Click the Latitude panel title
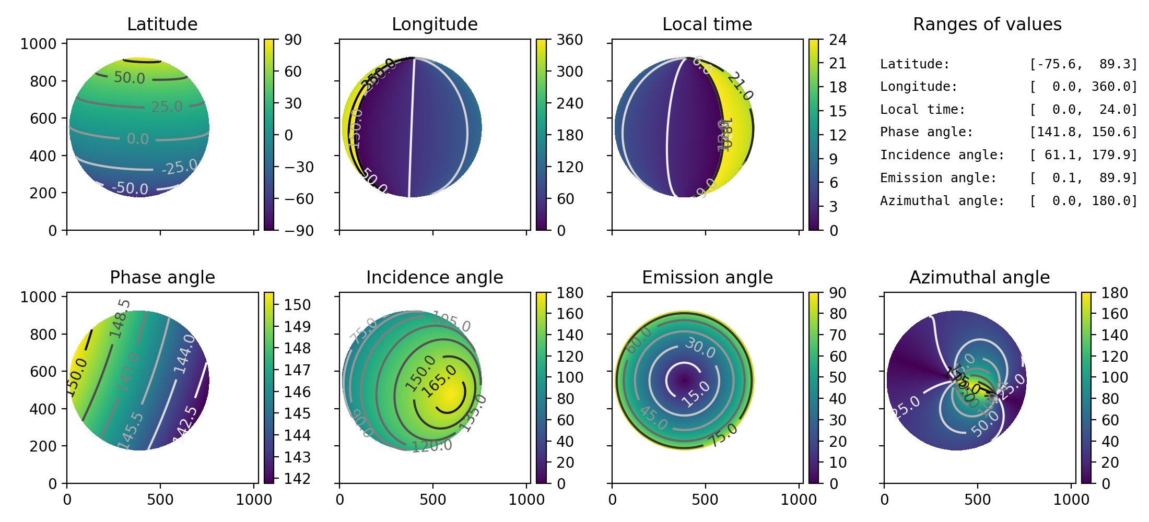tap(162, 24)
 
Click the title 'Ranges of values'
tap(987, 24)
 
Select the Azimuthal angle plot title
tap(979, 277)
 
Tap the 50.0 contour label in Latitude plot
tap(129, 78)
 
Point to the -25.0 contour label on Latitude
tap(179, 168)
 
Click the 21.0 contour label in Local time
tap(740, 86)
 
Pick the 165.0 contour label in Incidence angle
tap(439, 381)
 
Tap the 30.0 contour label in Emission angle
tap(700, 348)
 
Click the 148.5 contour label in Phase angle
tap(120, 318)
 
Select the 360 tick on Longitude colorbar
tap(569, 40)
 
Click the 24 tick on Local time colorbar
tap(838, 40)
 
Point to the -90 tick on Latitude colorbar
tap(299, 230)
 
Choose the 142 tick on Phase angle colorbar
tap(297, 478)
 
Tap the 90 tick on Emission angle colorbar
tap(838, 293)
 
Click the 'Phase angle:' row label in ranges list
tap(927, 132)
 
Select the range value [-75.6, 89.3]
tap(1083, 64)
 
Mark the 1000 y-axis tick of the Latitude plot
tap(38, 44)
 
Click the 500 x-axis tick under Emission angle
tap(705, 500)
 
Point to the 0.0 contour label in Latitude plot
tap(138, 139)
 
